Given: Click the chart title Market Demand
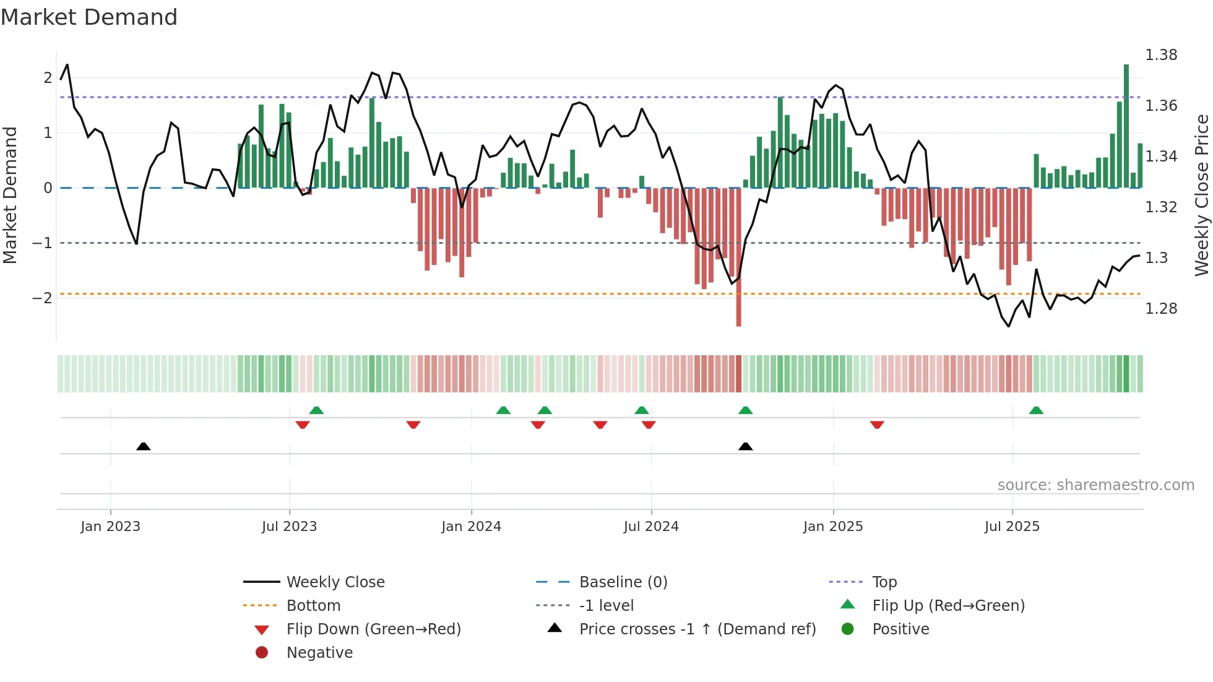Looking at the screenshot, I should coord(89,17).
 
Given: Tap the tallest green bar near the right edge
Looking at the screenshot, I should coord(1126,124).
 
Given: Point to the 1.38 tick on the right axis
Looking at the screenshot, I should coord(1161,55).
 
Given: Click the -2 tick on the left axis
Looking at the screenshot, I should coord(42,298).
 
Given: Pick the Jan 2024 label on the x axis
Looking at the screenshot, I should coord(471,527).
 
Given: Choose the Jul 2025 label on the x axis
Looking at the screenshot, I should coord(1012,527).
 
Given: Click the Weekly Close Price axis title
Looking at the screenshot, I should coord(1201,195).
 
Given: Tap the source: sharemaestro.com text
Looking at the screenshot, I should coord(1095,485).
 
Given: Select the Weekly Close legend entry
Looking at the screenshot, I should coord(335,582).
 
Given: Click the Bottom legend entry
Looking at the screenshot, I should coord(313,606).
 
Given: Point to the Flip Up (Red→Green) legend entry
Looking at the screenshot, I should coord(948,606).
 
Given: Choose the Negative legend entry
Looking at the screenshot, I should coord(319,653).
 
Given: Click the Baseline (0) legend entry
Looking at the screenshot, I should coord(623,582).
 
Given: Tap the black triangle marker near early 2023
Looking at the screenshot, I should coord(144,446).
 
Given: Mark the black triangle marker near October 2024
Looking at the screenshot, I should coord(746,446).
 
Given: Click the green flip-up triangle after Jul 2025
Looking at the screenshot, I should coord(1036,410).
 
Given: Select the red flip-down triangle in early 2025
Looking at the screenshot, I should coord(877,425).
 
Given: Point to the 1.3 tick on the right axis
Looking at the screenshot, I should coord(1156,258).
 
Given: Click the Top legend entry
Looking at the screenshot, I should coord(884,582).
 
